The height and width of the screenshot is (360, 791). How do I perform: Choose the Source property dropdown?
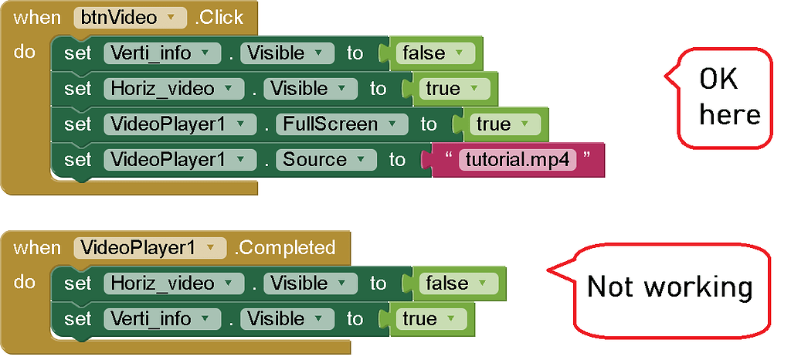[x=325, y=160]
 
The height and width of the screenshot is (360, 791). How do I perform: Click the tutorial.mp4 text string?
[x=518, y=160]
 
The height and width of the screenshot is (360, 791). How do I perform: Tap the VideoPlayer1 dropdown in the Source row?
[x=179, y=160]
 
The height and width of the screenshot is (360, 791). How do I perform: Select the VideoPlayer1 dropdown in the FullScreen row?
[x=179, y=124]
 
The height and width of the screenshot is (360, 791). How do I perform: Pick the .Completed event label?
[x=285, y=248]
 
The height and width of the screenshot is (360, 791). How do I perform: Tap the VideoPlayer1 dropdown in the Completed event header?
[x=150, y=248]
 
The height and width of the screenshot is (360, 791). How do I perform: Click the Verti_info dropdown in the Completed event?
[x=161, y=319]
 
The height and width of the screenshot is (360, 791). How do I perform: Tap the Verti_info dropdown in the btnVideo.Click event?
[x=161, y=53]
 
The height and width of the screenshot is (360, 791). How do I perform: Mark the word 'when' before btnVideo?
[x=36, y=17]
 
